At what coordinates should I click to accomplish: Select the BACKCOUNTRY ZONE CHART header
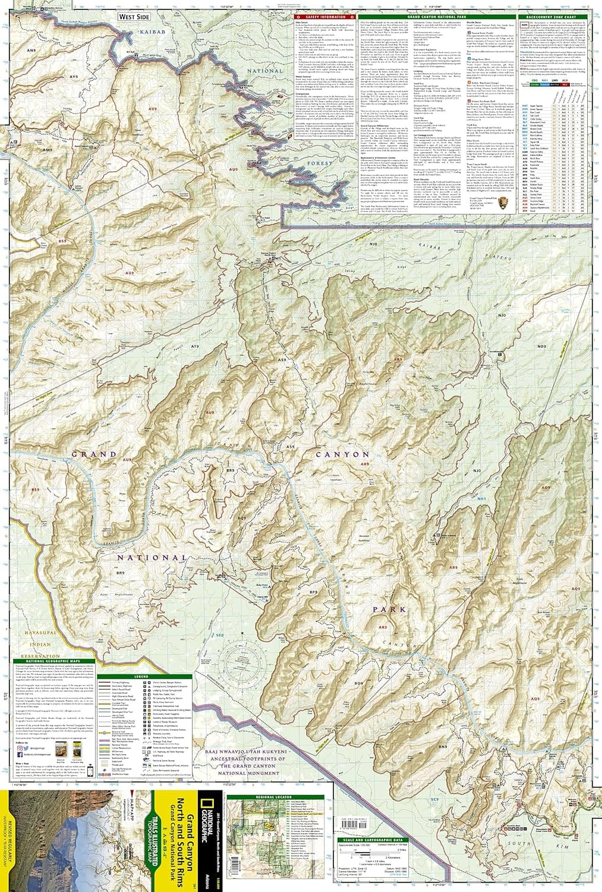[547, 17]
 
